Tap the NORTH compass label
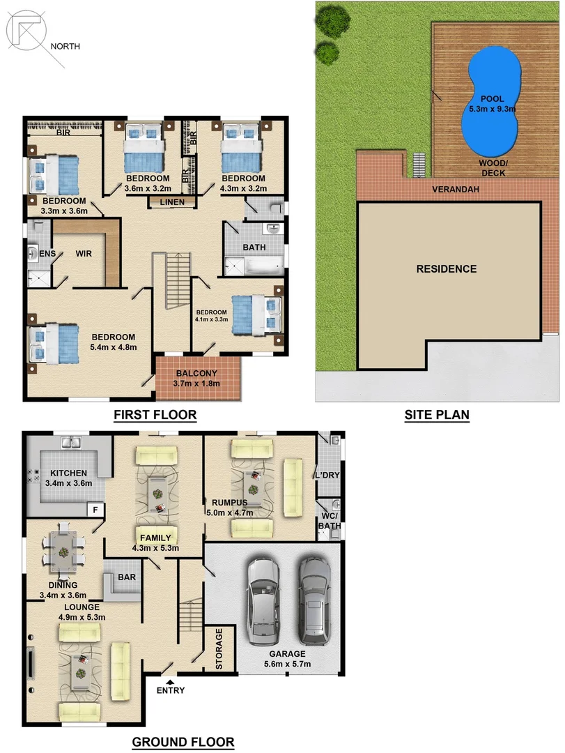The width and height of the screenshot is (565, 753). [x=65, y=47]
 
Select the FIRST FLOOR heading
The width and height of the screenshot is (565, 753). [x=155, y=416]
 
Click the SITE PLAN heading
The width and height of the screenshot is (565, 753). [x=437, y=416]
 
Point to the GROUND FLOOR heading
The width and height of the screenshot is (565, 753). [x=183, y=741]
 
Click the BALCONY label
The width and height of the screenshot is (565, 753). [x=198, y=374]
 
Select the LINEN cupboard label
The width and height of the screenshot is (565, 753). [x=171, y=202]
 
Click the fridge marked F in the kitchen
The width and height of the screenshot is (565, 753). [x=94, y=510]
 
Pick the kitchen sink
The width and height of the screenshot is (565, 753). [x=71, y=442]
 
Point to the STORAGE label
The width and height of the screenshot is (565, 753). [x=219, y=649]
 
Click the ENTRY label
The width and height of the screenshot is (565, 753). [x=171, y=690]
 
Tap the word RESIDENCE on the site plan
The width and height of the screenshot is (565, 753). [x=447, y=269]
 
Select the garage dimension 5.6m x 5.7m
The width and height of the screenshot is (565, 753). [x=288, y=664]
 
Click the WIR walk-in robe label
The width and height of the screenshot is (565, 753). [x=84, y=254]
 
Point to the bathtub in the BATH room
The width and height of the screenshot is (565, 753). [x=254, y=266]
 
